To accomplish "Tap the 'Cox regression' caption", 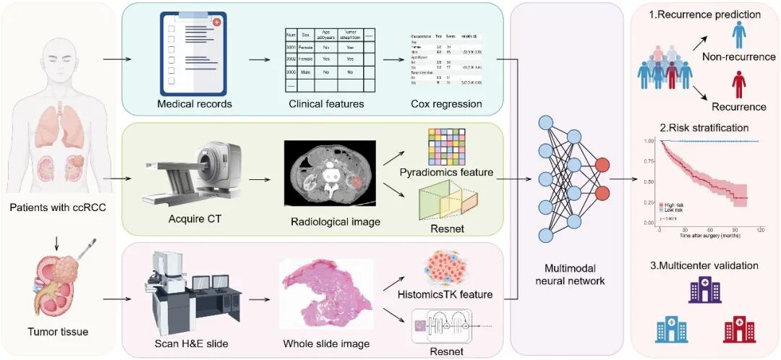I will click(x=445, y=103).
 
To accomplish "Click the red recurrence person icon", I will click(x=738, y=85).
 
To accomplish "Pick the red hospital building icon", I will click(x=738, y=328).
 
